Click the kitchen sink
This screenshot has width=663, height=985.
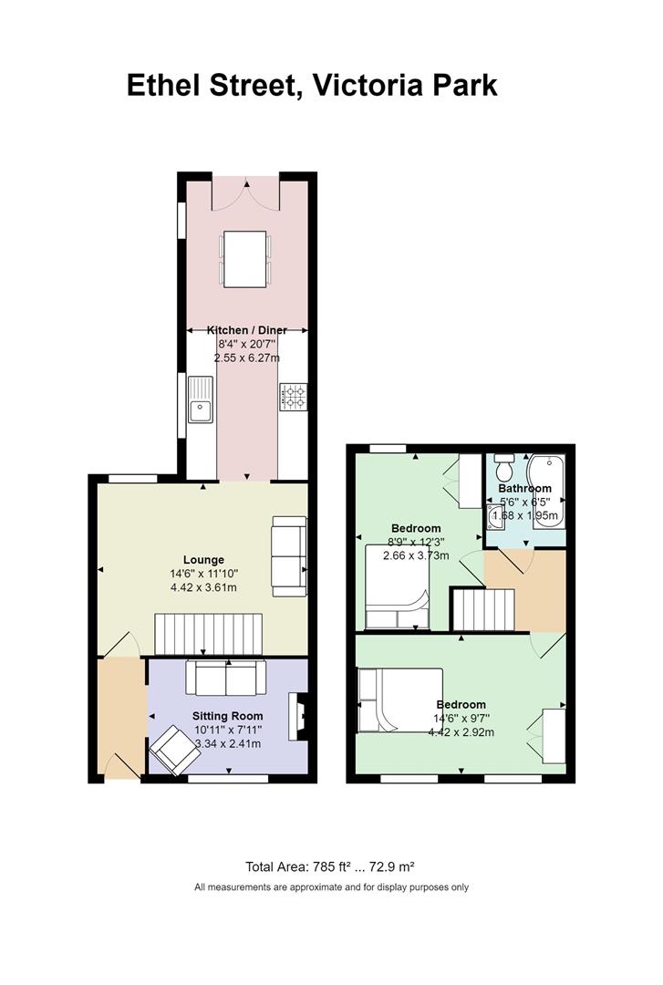pyautogui.click(x=202, y=399)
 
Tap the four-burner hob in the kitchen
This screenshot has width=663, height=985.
pyautogui.click(x=294, y=397)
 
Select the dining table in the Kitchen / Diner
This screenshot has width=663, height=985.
pyautogui.click(x=245, y=259)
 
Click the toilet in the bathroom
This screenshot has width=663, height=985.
pyautogui.click(x=504, y=466)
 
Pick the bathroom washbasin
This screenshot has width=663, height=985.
pyautogui.click(x=494, y=516)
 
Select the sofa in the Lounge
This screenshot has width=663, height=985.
pyautogui.click(x=289, y=556)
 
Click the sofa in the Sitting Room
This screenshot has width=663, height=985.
pyautogui.click(x=225, y=678)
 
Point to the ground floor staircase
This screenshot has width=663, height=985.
pyautogui.click(x=208, y=635)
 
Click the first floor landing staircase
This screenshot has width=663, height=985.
pyautogui.click(x=484, y=609)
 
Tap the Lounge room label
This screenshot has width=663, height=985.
pyautogui.click(x=203, y=560)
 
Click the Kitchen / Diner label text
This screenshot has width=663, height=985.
pyautogui.click(x=247, y=330)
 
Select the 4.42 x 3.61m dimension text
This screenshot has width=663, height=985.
pyautogui.click(x=203, y=588)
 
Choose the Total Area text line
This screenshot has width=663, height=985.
pyautogui.click(x=330, y=867)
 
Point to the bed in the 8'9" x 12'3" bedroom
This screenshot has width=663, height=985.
pyautogui.click(x=398, y=586)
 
